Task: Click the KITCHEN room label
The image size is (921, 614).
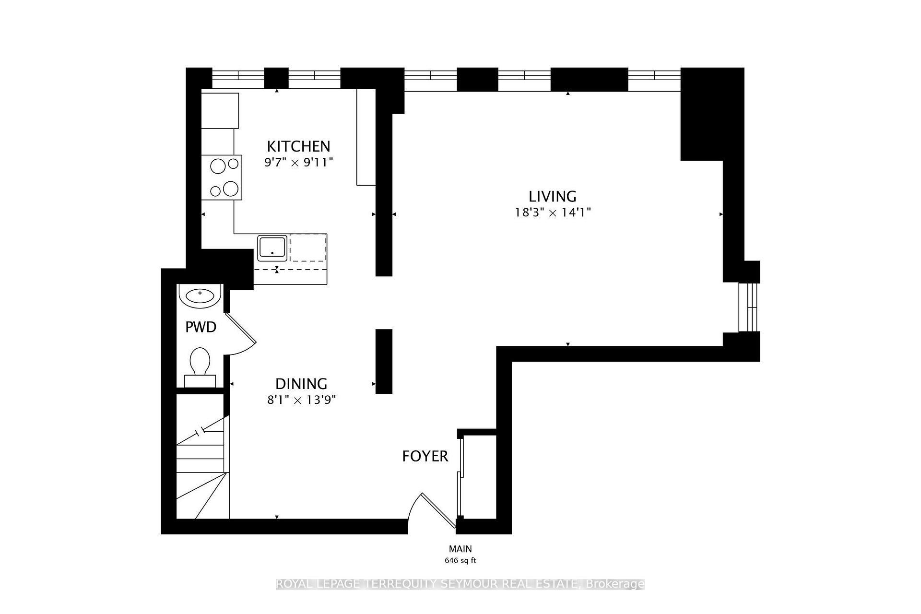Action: (x=298, y=146)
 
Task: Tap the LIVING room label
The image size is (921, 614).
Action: (x=552, y=196)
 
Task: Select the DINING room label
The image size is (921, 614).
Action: (x=301, y=384)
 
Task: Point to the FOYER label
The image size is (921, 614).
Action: (x=425, y=456)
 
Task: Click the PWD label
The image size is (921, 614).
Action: (x=201, y=327)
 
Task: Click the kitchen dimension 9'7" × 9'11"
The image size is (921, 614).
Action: (x=298, y=163)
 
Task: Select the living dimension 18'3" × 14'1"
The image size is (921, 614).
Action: (x=553, y=213)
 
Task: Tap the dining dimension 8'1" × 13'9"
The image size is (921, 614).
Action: (x=301, y=400)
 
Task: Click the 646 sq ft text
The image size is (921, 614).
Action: (x=460, y=560)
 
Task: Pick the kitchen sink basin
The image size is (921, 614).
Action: (x=272, y=248)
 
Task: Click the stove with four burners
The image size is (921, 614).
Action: (x=221, y=177)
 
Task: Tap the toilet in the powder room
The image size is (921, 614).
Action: (x=200, y=365)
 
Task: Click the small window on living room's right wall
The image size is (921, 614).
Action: (x=748, y=307)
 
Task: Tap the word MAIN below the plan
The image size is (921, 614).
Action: (x=460, y=549)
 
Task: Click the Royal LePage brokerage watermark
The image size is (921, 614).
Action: (x=460, y=584)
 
